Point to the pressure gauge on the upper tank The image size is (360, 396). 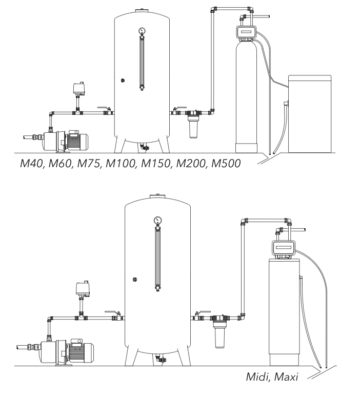click(141, 31)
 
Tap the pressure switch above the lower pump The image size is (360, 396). click(79, 288)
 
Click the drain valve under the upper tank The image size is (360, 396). click(144, 148)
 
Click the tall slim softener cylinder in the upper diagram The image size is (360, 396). click(247, 97)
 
